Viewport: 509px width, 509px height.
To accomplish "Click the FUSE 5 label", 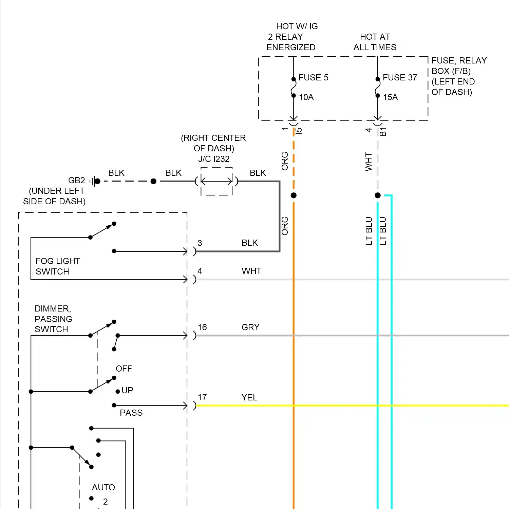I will pos(313,78).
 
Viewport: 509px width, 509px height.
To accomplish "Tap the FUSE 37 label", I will pos(400,78).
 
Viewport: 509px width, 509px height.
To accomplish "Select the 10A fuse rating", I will pos(306,97).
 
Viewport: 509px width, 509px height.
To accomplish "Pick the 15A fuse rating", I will pos(390,97).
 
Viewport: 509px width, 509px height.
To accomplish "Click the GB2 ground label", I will pos(77,180).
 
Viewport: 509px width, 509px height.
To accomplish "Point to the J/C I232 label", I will pos(214,159).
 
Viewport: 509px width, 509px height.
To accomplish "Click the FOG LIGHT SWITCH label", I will pos(58,266).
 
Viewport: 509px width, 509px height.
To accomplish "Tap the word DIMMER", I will pos(53,308).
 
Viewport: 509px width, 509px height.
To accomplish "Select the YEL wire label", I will pos(249,397).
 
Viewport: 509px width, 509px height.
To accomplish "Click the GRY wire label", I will pos(250,327).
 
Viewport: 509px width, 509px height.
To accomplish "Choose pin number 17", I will pos(202,397).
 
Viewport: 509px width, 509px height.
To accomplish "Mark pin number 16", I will pos(202,327).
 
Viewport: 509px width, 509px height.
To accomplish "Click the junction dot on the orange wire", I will pos(294,195).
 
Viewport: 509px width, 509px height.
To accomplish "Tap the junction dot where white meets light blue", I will pos(378,195).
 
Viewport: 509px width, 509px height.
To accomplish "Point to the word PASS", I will pos(131,413).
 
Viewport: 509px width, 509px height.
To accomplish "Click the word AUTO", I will pos(103,487).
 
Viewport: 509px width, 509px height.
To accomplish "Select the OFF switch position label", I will pos(124,369).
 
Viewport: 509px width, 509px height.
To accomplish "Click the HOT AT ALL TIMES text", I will pos(375,42).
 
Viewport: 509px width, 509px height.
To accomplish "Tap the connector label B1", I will pos(383,132).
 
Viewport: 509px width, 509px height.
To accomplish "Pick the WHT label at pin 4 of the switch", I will pos(251,271).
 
